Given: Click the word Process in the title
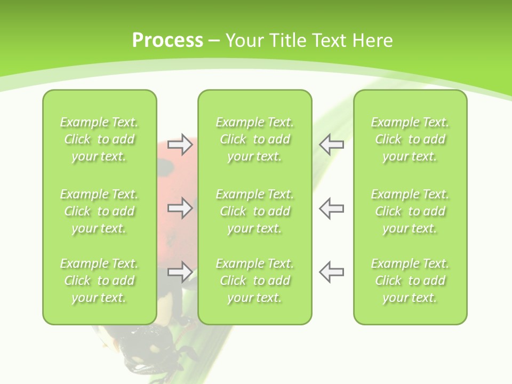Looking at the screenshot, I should click(x=167, y=40).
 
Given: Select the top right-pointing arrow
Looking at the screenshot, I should click(x=180, y=145).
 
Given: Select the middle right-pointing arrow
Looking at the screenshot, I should click(x=180, y=207).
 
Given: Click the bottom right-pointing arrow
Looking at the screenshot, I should click(x=180, y=272).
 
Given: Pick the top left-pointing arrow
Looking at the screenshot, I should click(x=331, y=145).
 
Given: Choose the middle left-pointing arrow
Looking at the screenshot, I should click(x=331, y=207).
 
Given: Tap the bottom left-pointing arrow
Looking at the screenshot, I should click(x=331, y=272).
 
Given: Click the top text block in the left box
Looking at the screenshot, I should click(x=99, y=139).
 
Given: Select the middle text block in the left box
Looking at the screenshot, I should click(x=99, y=211).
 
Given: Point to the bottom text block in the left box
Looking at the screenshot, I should click(x=99, y=281).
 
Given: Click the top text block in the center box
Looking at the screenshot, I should click(x=254, y=139).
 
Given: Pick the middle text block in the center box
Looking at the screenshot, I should click(x=254, y=211).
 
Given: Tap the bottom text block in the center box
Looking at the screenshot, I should click(x=254, y=281).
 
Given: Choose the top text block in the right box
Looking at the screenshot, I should click(x=410, y=139).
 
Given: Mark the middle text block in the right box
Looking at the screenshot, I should click(x=410, y=211).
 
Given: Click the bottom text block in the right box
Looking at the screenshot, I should click(x=410, y=281).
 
